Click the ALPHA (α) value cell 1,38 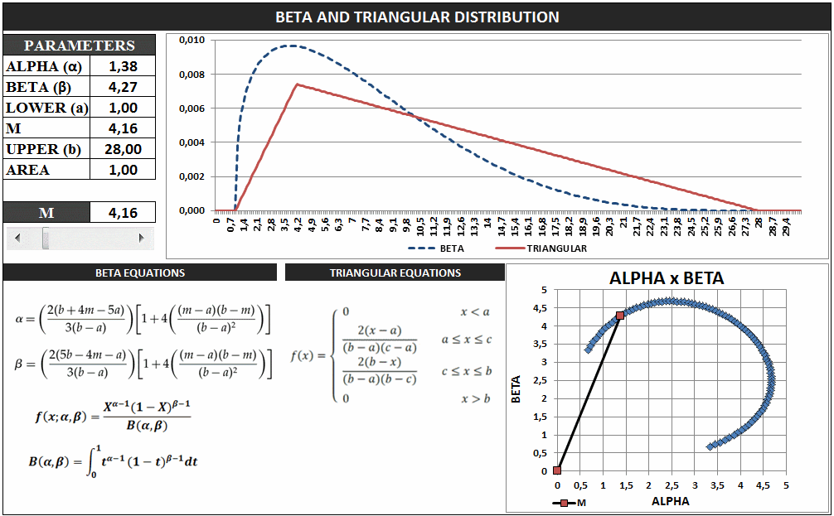[123, 66]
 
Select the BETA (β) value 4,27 [123, 87]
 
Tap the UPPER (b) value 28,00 [123, 149]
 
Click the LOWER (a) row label [46, 108]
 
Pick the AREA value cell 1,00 [123, 170]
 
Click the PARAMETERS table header [79, 46]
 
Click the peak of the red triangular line [297, 84]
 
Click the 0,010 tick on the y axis [192, 41]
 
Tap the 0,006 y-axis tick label [192, 109]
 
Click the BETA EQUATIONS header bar [139, 272]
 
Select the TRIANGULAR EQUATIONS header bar [395, 272]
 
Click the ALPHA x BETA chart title [667, 278]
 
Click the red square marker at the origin [557, 470]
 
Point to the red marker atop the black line [620, 316]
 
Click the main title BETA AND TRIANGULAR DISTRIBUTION [417, 17]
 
